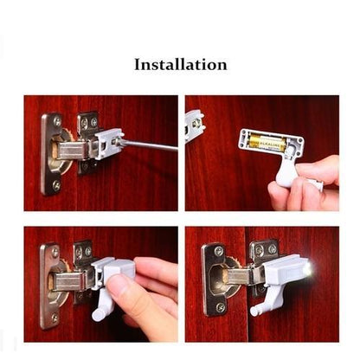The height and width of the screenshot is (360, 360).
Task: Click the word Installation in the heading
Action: [181, 64]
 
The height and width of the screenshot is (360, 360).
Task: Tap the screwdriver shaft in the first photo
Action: [147, 145]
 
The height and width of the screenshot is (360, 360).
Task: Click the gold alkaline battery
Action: [267, 142]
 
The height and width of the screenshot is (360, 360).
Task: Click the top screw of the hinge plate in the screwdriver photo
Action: [57, 121]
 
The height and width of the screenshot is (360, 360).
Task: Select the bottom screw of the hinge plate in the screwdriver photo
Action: [56, 184]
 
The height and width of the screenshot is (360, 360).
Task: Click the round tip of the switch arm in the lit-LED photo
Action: [255, 311]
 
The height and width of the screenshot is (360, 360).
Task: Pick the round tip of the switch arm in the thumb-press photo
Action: [97, 316]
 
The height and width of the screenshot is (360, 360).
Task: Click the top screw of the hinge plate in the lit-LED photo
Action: [219, 251]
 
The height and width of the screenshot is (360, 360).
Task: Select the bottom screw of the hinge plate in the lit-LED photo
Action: [220, 307]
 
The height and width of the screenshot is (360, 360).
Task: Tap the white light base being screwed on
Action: [107, 144]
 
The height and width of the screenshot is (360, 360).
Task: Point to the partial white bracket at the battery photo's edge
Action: [194, 126]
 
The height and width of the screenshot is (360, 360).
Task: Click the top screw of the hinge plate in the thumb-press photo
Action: [55, 253]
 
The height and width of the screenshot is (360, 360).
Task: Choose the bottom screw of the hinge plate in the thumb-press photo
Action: [55, 318]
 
